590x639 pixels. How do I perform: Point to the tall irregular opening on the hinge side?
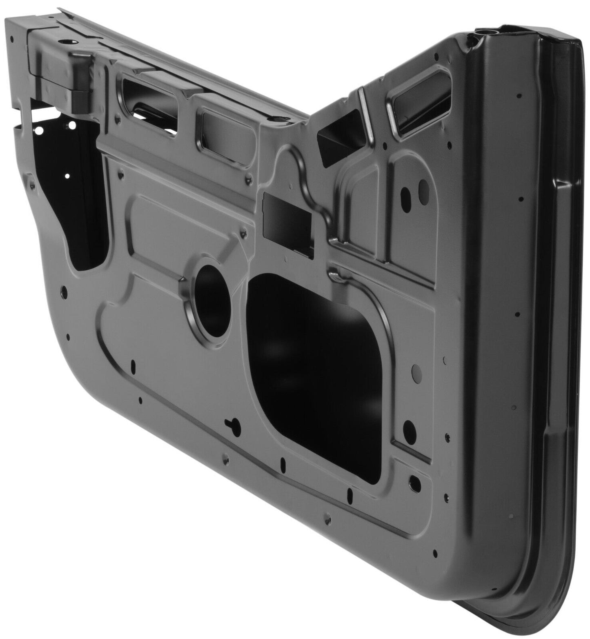[78, 204]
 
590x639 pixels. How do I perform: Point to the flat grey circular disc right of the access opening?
[416, 372]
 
